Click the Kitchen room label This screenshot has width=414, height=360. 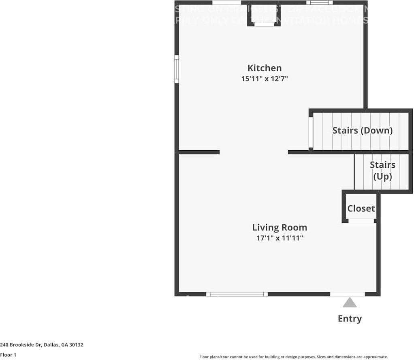(265, 68)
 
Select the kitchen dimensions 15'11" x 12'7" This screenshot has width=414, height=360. (265, 79)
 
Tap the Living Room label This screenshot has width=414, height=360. (280, 228)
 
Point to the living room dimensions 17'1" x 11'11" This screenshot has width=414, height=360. (280, 238)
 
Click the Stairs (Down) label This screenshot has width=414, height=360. (362, 130)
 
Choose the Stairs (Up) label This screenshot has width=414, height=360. (382, 170)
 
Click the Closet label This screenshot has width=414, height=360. (361, 209)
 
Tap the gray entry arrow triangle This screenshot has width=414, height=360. (350, 302)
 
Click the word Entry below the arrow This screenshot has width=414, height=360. (350, 319)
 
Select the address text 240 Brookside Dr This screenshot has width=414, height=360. (24, 345)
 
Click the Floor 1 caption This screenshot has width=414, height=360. (8, 355)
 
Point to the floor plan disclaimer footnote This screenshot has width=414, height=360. (293, 357)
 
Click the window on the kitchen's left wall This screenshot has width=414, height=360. (177, 69)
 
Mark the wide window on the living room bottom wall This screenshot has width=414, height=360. (237, 294)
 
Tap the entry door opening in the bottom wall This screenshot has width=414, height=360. (347, 294)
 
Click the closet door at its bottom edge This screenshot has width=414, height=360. (361, 221)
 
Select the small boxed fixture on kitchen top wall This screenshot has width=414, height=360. (264, 15)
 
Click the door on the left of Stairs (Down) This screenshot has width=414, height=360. (311, 132)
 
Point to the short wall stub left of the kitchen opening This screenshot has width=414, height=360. (198, 152)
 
